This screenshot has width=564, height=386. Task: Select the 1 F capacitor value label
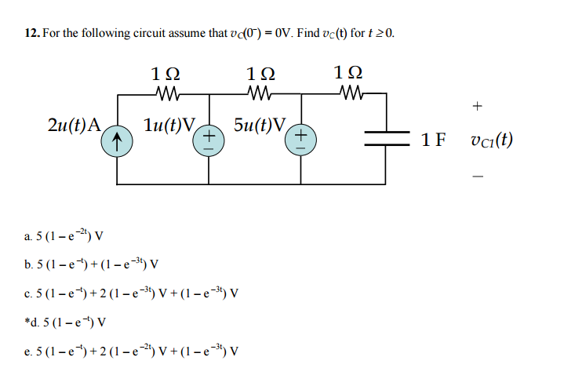point(433,140)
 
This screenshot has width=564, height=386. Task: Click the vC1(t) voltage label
point(490,140)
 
